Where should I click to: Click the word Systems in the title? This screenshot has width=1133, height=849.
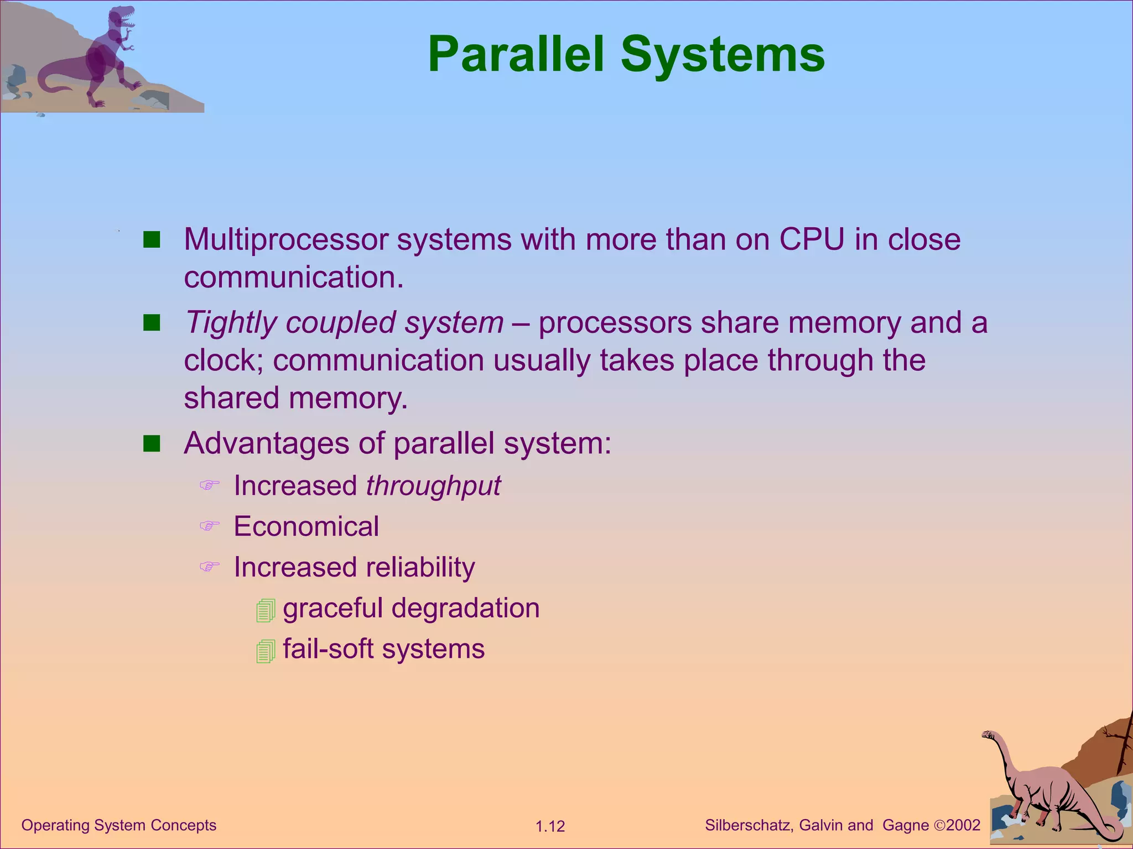723,54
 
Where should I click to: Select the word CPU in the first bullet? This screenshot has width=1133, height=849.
812,239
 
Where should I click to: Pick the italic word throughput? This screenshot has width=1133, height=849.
433,486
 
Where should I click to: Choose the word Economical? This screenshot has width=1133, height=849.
306,526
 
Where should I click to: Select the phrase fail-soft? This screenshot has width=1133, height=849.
328,649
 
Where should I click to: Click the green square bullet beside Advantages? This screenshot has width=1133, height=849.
152,443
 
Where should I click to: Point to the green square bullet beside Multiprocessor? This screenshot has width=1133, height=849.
152,240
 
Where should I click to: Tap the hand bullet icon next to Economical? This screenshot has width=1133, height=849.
210,526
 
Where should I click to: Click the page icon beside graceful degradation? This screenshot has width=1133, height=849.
266,610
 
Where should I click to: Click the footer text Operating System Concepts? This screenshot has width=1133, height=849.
118,825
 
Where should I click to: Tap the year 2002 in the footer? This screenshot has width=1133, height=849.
963,825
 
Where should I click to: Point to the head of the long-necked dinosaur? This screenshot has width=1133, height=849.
988,735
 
